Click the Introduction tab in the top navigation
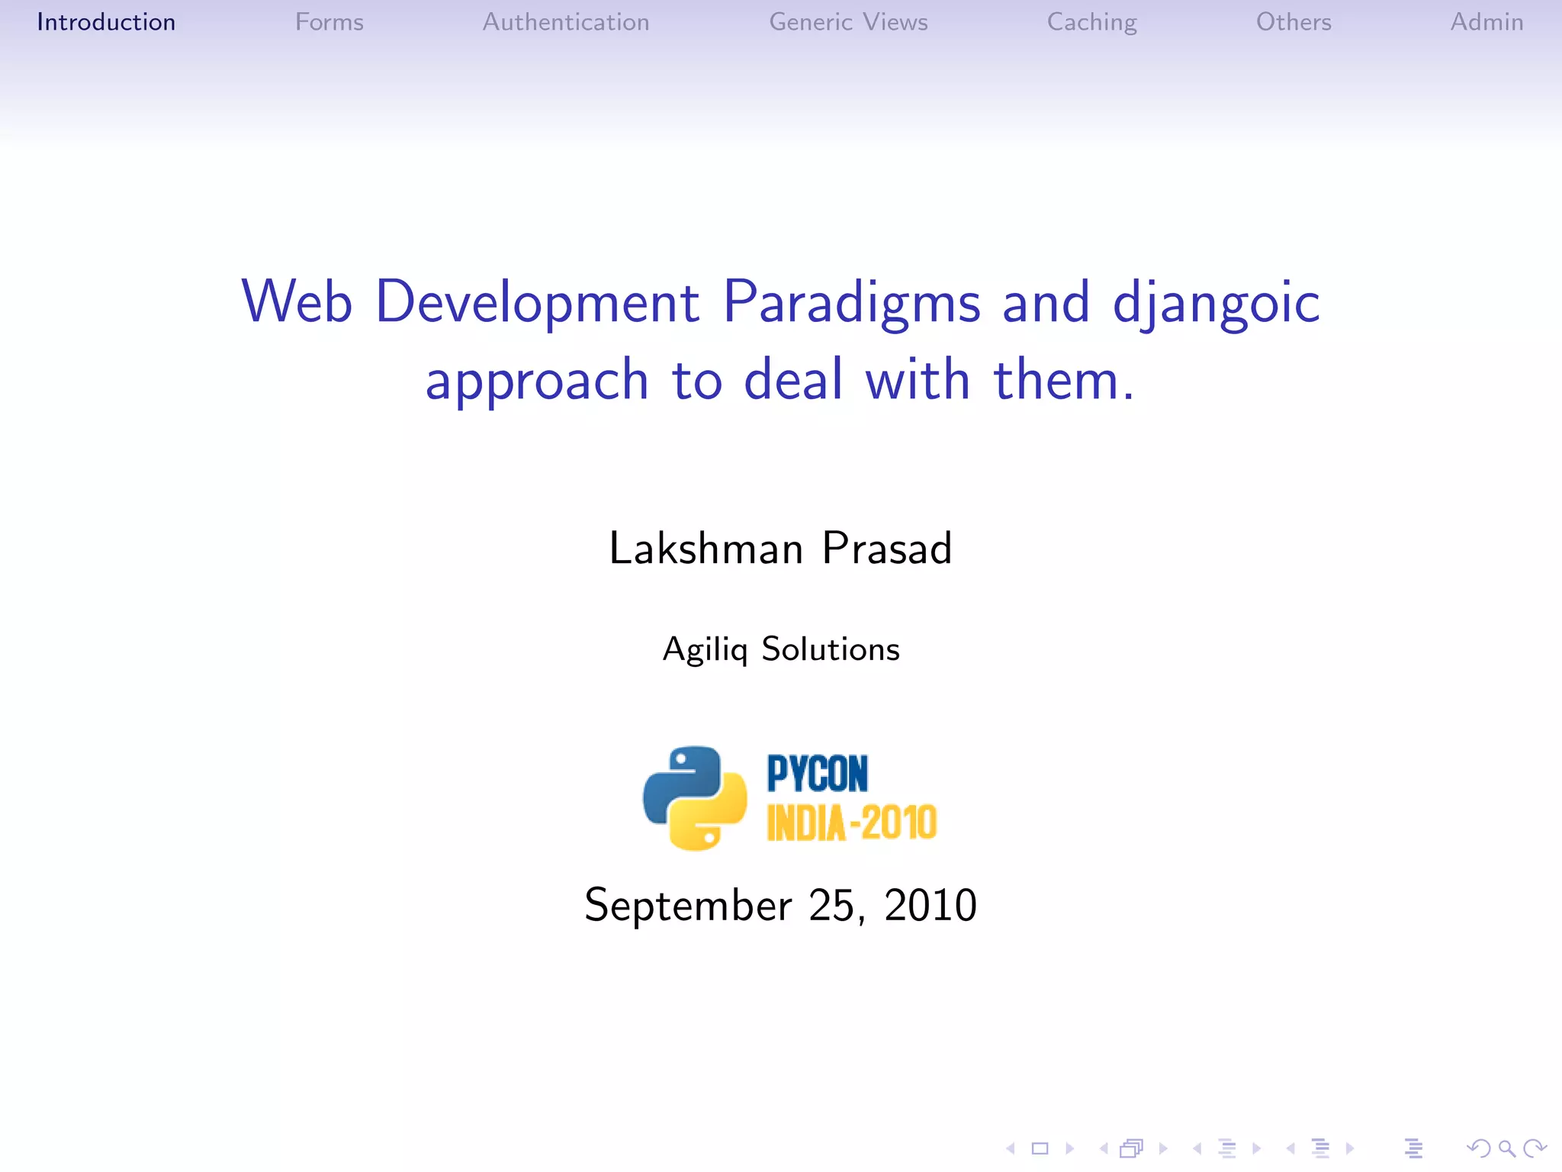click(106, 22)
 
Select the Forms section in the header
click(329, 22)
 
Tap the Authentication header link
click(566, 22)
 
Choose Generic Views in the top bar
click(848, 22)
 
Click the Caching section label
click(1091, 23)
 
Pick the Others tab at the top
click(1294, 22)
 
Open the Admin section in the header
click(1486, 22)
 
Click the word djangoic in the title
click(1216, 303)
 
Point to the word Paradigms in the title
click(851, 303)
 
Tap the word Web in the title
click(297, 301)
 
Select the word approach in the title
click(537, 381)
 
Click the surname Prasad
click(887, 548)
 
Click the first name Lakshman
click(705, 548)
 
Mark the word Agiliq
click(705, 650)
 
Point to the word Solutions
click(831, 649)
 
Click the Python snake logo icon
click(695, 798)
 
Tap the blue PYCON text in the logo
click(817, 774)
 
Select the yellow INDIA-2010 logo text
click(851, 823)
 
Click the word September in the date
click(688, 906)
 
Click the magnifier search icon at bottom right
click(1506, 1148)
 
